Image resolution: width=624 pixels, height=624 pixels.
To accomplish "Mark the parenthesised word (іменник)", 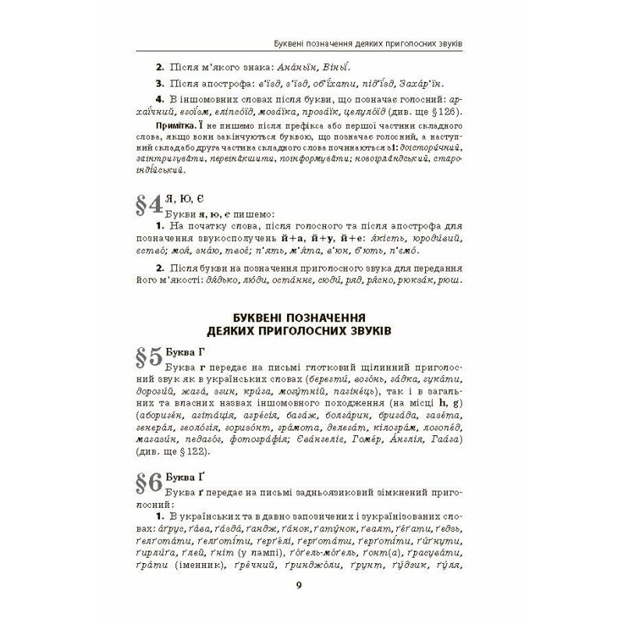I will click(195, 565).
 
